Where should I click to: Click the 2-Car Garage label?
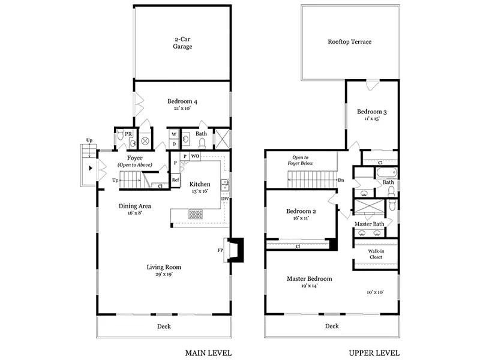[x=182, y=43]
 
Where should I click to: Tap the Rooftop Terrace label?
[x=350, y=42]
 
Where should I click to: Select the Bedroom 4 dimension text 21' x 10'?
[x=182, y=109]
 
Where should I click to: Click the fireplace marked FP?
[x=233, y=250]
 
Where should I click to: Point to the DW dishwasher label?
[x=225, y=199]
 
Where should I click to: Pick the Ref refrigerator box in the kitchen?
[x=175, y=180]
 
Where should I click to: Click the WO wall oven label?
[x=195, y=156]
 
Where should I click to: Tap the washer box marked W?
[x=174, y=134]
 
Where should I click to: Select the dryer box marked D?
[x=174, y=144]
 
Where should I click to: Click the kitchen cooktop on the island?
[x=196, y=214]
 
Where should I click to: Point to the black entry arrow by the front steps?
[x=91, y=168]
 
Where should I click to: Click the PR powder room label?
[x=128, y=134]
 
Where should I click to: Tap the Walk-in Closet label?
[x=376, y=254]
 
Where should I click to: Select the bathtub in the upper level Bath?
[x=386, y=173]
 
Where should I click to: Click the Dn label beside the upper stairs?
[x=341, y=180]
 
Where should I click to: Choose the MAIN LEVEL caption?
[x=208, y=353]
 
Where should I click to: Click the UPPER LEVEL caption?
[x=374, y=353]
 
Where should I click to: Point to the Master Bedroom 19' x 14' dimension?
[x=310, y=286]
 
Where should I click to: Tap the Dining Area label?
[x=134, y=206]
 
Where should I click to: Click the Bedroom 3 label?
[x=372, y=112]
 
